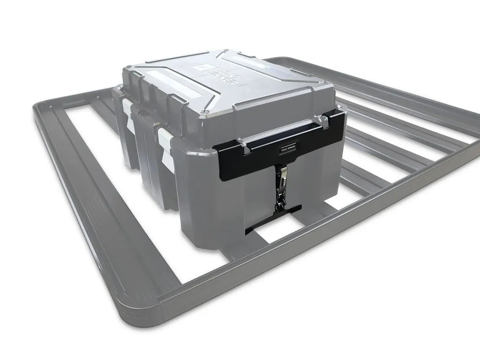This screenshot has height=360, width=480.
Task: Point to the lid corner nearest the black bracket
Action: click(204, 112)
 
